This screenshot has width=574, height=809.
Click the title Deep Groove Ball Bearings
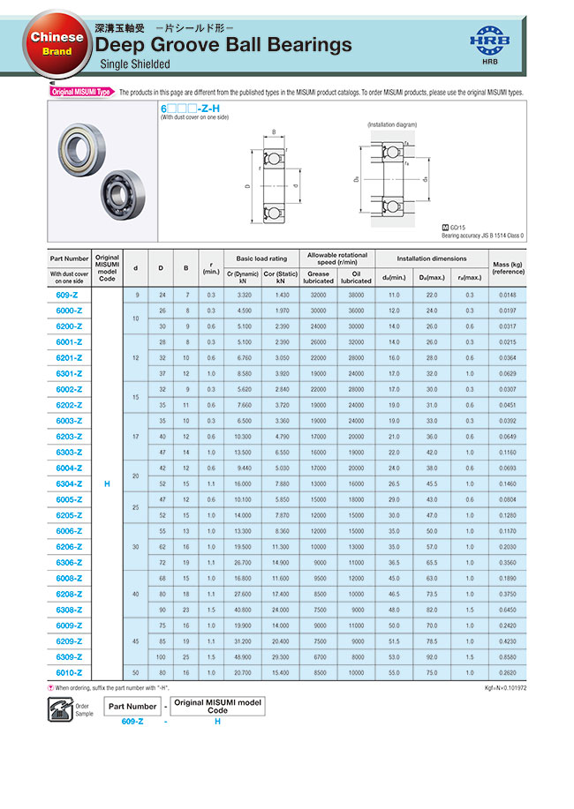click(x=223, y=46)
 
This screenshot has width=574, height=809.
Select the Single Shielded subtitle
click(x=135, y=64)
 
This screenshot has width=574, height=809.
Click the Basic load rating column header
click(x=262, y=258)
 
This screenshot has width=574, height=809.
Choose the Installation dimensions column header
click(x=432, y=258)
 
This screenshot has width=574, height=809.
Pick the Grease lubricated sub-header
click(x=319, y=277)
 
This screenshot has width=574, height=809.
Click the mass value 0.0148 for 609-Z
click(x=508, y=295)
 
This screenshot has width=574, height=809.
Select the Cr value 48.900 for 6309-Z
click(x=243, y=656)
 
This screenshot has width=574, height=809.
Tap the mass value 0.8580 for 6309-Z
click(x=508, y=656)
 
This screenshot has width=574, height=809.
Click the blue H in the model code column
click(x=107, y=483)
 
